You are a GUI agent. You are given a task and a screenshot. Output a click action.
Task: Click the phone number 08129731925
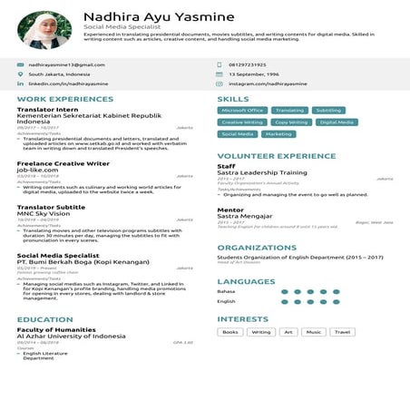tap(248, 64)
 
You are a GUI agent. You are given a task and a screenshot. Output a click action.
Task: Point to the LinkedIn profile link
tap(67, 83)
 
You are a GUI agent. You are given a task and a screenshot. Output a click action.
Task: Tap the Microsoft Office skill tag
tap(242, 110)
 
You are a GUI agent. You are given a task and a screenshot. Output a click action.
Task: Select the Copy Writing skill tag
tap(291, 122)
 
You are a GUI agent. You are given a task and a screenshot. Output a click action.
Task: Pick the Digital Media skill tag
tap(337, 122)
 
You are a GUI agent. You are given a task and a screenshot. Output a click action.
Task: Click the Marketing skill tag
tap(278, 133)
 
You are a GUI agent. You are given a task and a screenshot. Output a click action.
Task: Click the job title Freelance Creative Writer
tap(63, 163)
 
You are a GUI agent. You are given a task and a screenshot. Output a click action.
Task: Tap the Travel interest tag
tap(342, 332)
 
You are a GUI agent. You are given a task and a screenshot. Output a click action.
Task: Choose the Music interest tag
tap(314, 332)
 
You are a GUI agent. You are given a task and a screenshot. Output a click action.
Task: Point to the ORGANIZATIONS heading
tap(258, 247)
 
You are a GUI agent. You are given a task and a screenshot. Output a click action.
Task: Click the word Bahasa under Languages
tap(226, 292)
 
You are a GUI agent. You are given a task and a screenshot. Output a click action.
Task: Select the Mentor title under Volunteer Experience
tap(230, 209)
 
